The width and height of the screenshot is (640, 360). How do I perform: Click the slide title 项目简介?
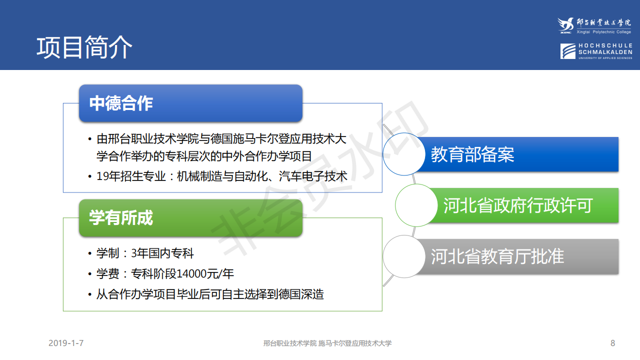84,47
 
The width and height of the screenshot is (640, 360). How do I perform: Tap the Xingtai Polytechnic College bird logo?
565,25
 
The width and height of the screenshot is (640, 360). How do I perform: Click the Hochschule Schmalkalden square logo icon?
568,51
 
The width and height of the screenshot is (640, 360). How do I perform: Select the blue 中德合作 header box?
190,103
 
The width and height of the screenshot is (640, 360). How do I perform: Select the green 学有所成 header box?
190,218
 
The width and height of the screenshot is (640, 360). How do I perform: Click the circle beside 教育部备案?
404,154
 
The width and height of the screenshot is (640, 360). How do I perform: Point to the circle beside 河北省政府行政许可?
416,205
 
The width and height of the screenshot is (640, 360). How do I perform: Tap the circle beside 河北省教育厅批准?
404,256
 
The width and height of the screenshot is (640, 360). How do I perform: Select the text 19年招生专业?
131,176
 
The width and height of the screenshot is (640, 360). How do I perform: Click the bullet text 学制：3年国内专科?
145,253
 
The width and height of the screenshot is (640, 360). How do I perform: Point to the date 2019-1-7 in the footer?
66,343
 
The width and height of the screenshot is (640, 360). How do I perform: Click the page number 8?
612,343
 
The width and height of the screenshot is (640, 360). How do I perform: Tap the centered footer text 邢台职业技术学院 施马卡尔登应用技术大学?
327,343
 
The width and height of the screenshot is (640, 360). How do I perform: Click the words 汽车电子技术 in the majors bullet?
313,176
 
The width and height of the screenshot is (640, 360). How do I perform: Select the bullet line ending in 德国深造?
210,294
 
